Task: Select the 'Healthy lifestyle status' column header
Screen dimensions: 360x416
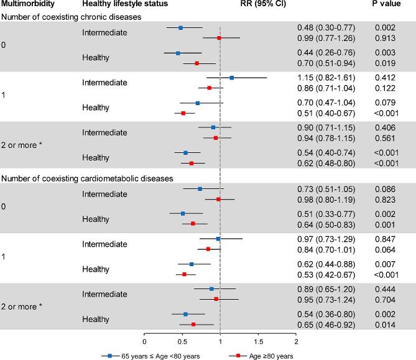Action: tap(119, 5)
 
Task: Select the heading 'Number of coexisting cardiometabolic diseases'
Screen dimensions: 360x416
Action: tap(87, 178)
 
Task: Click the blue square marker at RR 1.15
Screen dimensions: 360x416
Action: tap(232, 78)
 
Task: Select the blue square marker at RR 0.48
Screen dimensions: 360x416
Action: tap(181, 28)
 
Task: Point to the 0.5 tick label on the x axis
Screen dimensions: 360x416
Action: tap(182, 342)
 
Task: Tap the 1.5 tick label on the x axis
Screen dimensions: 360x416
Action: tap(259, 342)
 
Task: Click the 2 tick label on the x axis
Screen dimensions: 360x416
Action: tap(297, 342)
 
